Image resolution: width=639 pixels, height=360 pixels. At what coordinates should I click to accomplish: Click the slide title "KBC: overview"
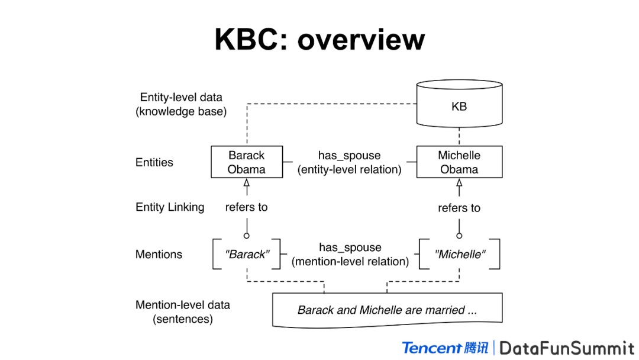[x=319, y=40]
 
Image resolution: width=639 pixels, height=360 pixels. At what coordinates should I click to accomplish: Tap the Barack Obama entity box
[x=247, y=162]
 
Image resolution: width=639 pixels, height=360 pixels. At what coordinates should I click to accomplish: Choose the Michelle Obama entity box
[x=459, y=162]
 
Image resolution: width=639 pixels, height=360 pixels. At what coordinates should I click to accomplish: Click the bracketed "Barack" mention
[x=247, y=255]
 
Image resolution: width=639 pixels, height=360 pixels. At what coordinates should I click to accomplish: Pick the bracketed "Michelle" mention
[x=460, y=255]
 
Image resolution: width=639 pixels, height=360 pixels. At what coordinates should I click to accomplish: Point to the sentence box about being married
[x=387, y=310]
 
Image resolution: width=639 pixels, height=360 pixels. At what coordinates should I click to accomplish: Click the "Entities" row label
[x=154, y=162]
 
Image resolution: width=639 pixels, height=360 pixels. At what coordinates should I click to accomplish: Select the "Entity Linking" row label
[x=170, y=207]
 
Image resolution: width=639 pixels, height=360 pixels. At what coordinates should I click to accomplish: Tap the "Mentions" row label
[x=159, y=255]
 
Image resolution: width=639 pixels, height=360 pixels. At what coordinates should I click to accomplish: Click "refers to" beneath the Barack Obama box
[x=246, y=207]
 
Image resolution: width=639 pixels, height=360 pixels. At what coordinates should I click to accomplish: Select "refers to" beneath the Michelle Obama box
[x=459, y=208]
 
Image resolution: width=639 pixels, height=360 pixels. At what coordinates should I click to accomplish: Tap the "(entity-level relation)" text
[x=350, y=169]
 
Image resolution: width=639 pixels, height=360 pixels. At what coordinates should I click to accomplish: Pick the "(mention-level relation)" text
[x=350, y=261]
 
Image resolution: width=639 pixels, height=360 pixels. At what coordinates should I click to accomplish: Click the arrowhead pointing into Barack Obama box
[x=247, y=183]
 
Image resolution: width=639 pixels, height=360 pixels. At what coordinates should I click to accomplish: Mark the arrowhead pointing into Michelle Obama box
[x=459, y=183]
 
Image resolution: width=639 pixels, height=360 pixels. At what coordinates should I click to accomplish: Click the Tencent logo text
[x=431, y=348]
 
